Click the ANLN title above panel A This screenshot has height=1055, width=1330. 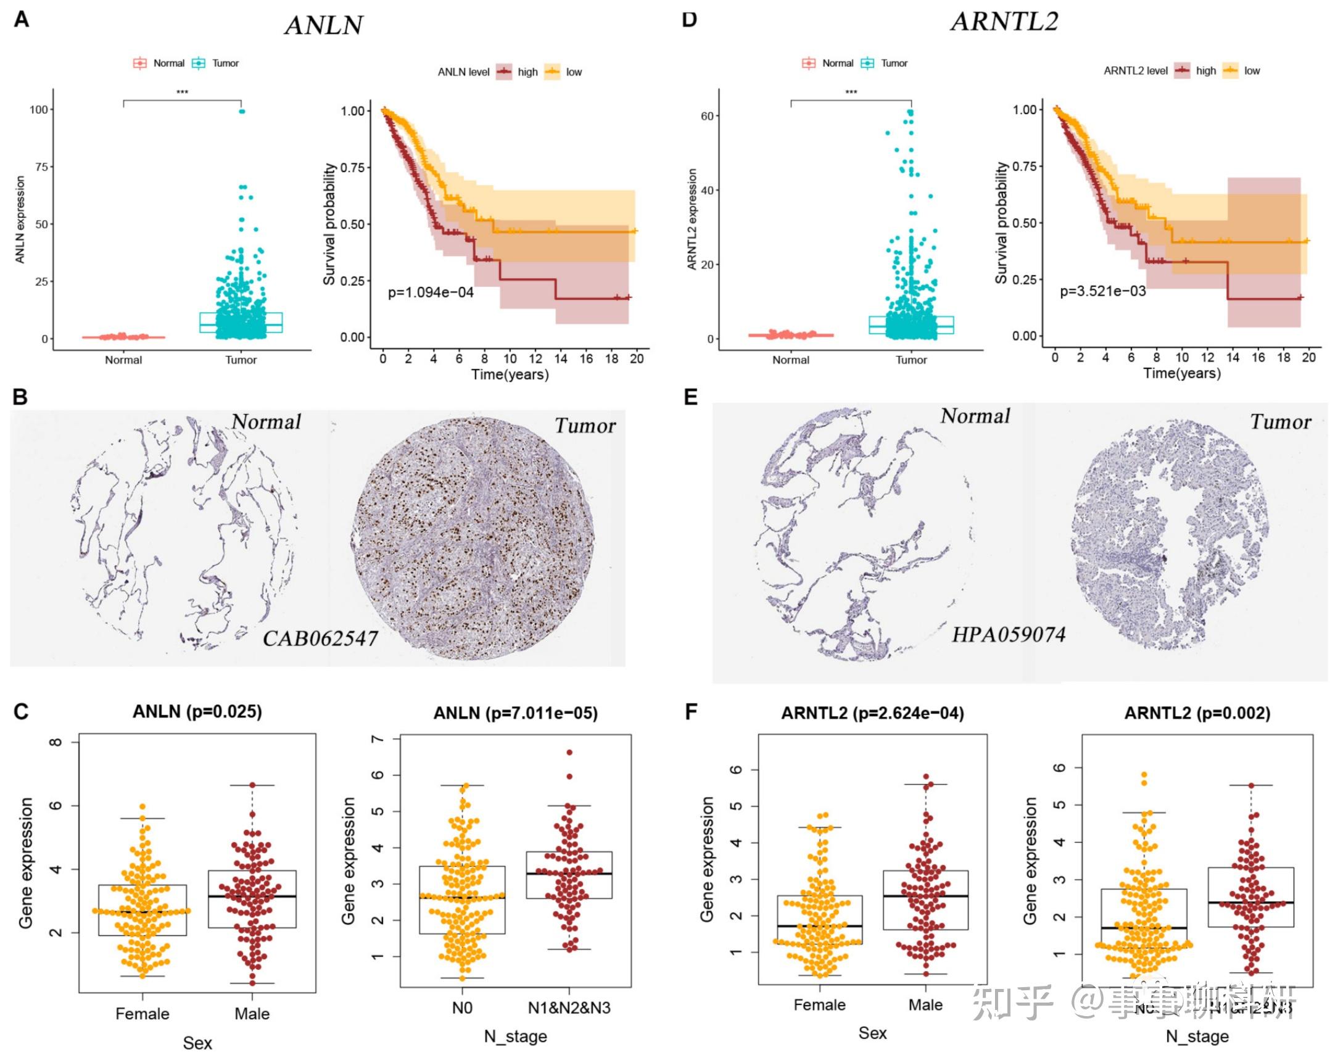(323, 25)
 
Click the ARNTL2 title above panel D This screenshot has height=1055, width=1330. (1004, 22)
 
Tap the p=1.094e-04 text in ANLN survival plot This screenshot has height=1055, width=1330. (431, 292)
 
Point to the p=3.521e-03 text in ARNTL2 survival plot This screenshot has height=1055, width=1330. (1102, 291)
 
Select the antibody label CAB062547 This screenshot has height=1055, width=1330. (320, 638)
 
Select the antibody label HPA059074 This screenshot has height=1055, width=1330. (1009, 634)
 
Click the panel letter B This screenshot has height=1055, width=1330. (20, 397)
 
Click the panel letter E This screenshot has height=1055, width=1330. (691, 397)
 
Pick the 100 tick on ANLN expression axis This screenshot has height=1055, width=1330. (39, 110)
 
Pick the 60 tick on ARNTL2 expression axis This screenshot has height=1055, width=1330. (707, 116)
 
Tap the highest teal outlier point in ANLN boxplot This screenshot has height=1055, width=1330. (242, 112)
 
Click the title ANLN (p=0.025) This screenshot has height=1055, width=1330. (197, 711)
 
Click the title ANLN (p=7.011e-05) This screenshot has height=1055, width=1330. (515, 713)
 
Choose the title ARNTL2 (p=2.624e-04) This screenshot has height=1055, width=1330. (872, 713)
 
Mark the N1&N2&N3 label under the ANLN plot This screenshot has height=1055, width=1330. (569, 1007)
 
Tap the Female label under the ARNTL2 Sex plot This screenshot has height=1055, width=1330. (819, 1005)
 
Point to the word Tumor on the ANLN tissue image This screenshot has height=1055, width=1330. (585, 426)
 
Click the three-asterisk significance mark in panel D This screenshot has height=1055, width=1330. (851, 93)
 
